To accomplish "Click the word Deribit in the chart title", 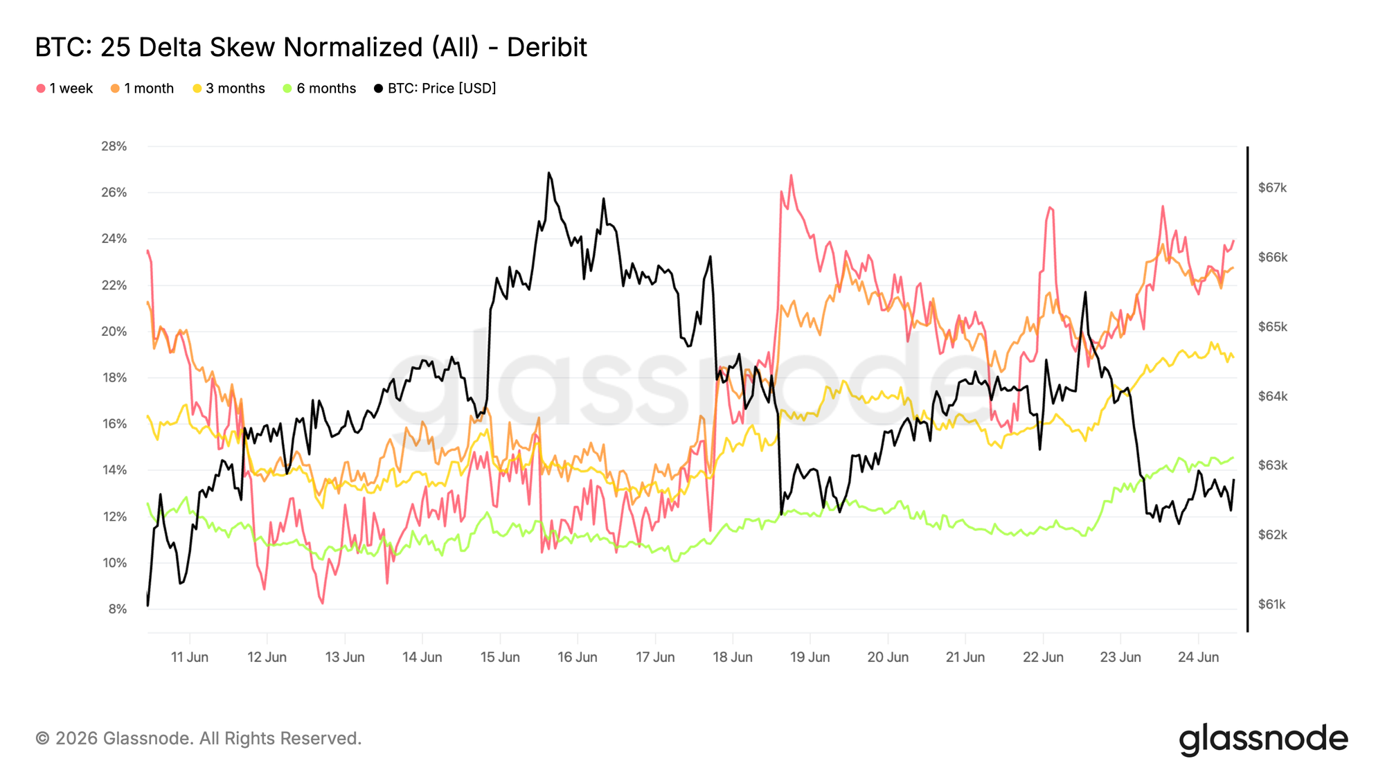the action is (x=546, y=47).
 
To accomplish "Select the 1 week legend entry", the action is (x=64, y=89).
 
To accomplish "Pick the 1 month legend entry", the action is (x=142, y=89).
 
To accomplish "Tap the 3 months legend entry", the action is (x=229, y=89).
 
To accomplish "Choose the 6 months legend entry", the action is (x=319, y=89).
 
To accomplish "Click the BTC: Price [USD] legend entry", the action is (x=435, y=89).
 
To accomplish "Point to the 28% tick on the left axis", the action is (x=114, y=146).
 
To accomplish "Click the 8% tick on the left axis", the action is (x=118, y=609).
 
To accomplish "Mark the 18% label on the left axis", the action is (x=114, y=377).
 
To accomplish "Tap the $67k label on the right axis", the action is (x=1272, y=188).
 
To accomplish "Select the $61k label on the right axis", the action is (x=1271, y=605).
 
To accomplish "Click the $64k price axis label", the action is (x=1272, y=396).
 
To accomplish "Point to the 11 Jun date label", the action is (x=190, y=657).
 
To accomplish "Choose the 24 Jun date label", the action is (x=1199, y=657).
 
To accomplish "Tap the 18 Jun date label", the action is (x=733, y=657).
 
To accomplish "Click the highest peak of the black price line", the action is (x=548, y=173).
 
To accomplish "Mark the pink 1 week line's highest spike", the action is (x=791, y=176).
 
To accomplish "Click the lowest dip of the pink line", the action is (x=323, y=603).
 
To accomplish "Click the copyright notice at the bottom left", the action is (x=199, y=739).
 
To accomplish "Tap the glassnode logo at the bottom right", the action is (x=1264, y=740).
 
